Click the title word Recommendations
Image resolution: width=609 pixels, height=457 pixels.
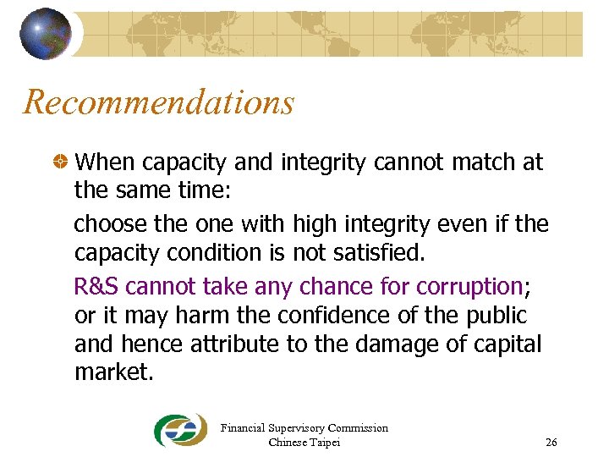(159, 102)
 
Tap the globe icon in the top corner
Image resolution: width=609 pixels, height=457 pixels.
(45, 33)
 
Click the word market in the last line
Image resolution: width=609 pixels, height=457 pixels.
(112, 373)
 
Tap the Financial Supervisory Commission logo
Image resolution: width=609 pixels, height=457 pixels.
(180, 431)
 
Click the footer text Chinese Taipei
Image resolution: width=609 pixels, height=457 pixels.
(304, 442)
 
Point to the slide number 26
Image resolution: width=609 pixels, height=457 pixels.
(551, 442)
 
